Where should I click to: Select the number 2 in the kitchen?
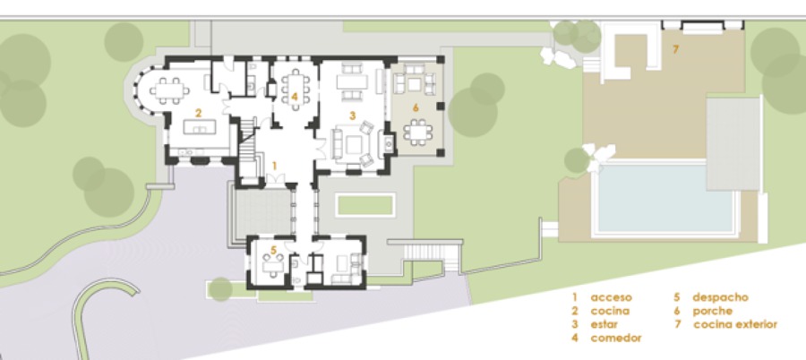click(198, 112)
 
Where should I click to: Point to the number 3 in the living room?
click(353, 116)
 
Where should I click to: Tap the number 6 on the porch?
click(415, 107)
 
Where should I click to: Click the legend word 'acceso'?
click(611, 296)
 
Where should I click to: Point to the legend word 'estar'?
click(606, 325)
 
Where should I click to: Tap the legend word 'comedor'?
click(616, 339)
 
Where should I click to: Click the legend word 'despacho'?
click(720, 296)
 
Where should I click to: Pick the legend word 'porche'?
click(713, 311)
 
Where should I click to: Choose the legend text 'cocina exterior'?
click(735, 325)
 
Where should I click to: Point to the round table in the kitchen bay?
click(167, 89)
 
